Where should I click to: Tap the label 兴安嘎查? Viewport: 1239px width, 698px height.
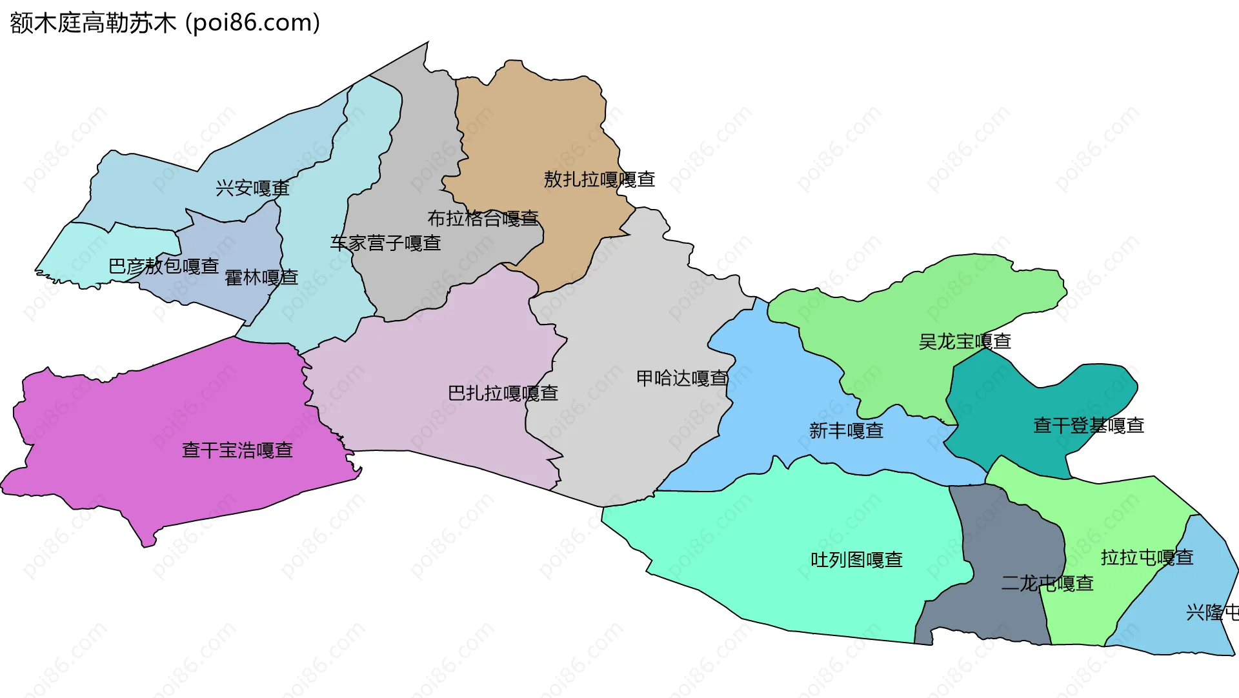pos(252,188)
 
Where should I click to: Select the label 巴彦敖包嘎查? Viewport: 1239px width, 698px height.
pos(164,266)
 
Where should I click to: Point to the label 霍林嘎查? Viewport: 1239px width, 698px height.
pos(261,278)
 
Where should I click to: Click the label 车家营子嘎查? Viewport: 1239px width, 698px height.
pos(385,243)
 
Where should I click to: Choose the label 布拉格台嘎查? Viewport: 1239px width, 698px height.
pos(483,219)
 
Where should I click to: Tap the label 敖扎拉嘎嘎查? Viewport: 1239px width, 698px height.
pos(599,179)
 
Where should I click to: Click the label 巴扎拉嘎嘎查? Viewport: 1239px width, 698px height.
pos(503,394)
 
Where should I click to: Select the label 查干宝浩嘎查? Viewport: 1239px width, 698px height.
pos(237,450)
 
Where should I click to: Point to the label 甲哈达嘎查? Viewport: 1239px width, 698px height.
pos(682,378)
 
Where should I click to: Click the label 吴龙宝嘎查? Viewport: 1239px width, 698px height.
pos(965,342)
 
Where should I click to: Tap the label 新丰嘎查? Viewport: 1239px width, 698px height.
pos(846,431)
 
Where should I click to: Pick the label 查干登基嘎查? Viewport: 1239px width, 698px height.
pos(1089,426)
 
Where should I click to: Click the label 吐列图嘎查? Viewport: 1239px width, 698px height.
pos(856,560)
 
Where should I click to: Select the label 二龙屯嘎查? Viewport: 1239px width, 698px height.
pos(1047,584)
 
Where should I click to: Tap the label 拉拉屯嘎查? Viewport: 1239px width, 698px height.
pos(1147,557)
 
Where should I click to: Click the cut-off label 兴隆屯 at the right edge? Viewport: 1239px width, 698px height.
pos(1212,612)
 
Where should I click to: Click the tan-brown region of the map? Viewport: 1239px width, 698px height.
pos(536,129)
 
